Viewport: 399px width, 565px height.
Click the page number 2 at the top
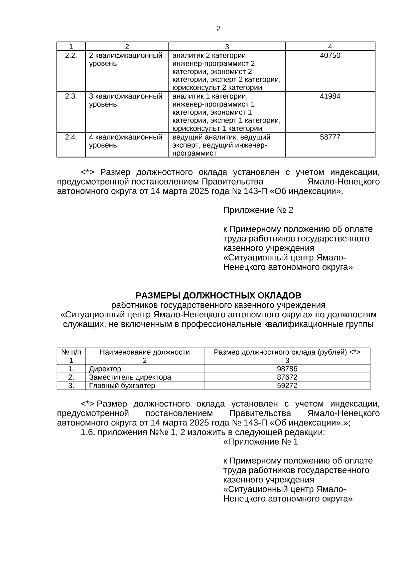coord(218,29)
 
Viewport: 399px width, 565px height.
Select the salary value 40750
coord(330,56)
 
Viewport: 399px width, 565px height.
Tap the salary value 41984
coord(330,97)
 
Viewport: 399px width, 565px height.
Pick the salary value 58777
coord(330,137)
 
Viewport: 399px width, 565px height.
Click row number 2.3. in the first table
coord(71,97)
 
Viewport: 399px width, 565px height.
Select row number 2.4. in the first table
coord(71,137)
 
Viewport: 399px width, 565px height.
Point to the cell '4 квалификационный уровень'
coord(126,141)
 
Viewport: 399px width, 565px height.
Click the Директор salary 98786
coord(287,369)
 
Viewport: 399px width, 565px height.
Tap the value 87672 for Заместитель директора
coord(287,377)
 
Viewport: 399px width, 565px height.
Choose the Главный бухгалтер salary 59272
coord(287,386)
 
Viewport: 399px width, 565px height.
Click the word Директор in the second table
coord(105,369)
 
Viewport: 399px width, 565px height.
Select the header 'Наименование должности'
coord(145,352)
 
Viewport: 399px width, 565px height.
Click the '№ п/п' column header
coord(71,352)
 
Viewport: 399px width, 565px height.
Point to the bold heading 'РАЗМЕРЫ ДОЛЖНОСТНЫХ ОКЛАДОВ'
coord(218,296)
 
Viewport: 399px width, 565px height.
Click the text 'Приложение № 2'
coord(258,210)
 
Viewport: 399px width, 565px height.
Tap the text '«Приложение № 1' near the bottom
coord(260,442)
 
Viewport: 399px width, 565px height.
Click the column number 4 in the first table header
coord(330,47)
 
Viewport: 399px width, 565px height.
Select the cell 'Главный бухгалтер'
coord(122,386)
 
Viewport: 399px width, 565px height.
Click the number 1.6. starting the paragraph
coord(88,432)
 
